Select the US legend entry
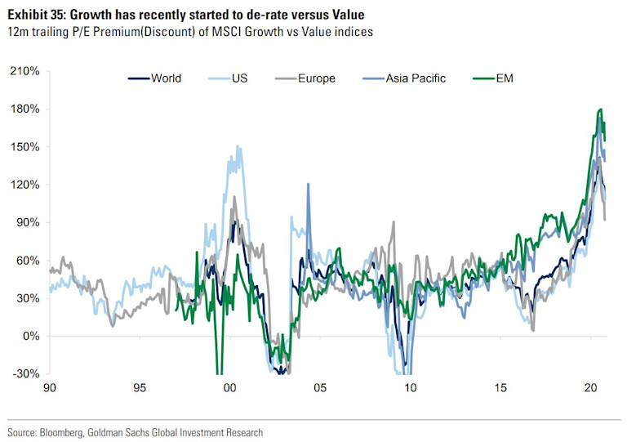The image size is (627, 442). click(x=238, y=78)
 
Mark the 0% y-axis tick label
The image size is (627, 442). click(x=31, y=336)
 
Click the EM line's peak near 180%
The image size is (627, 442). click(x=601, y=109)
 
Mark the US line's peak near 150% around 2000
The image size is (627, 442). click(x=238, y=147)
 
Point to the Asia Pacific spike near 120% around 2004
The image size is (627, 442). click(x=308, y=185)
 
